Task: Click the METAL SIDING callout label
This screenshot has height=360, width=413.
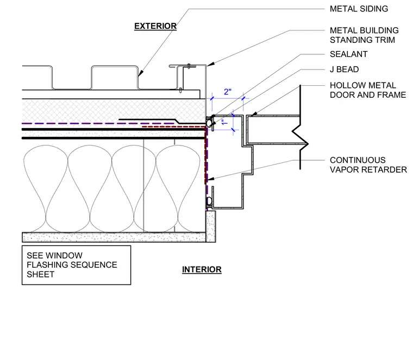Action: click(359, 9)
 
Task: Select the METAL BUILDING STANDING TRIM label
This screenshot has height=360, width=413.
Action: click(364, 35)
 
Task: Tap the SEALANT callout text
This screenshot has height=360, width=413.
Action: click(348, 54)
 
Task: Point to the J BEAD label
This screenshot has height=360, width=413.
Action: click(344, 69)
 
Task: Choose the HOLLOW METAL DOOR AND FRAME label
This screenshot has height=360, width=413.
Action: click(368, 90)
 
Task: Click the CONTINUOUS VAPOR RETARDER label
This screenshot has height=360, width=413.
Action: click(368, 165)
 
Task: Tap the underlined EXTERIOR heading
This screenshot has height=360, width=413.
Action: click(155, 26)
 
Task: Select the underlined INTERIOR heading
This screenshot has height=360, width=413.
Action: click(202, 269)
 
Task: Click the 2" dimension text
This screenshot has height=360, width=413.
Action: click(228, 92)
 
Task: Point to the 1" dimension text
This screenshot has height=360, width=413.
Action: click(224, 122)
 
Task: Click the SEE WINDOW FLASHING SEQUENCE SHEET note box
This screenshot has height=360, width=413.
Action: click(77, 265)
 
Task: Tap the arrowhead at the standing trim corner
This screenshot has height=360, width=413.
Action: click(210, 64)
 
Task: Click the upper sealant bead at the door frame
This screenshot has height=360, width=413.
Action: click(209, 123)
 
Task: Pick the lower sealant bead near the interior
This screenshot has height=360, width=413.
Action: click(209, 201)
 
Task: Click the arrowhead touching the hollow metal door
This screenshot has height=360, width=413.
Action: click(254, 114)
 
